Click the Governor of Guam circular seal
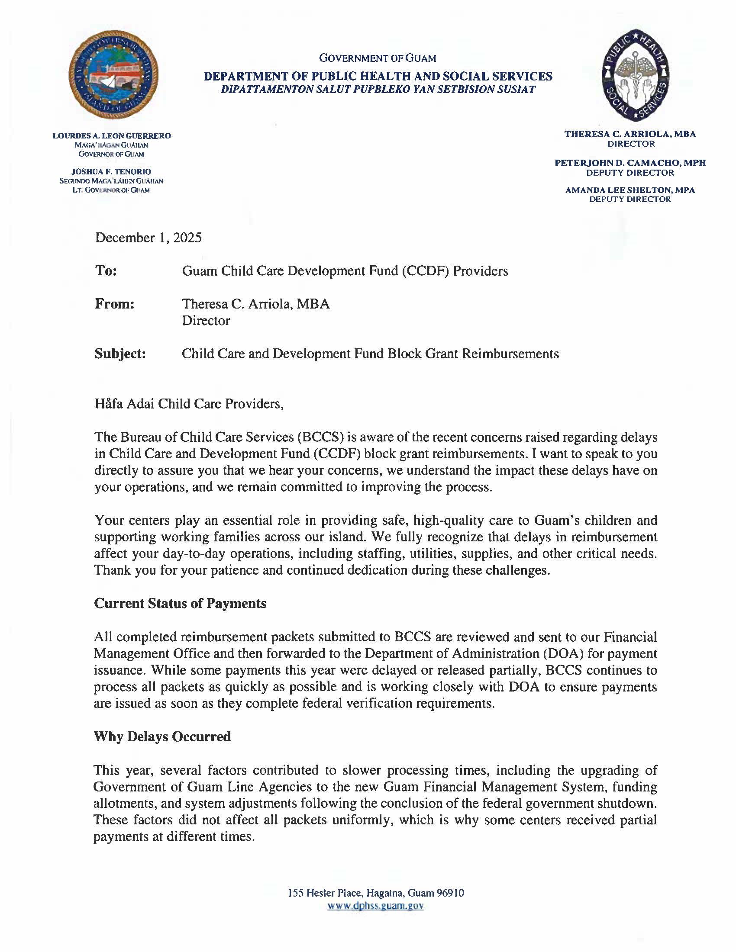pos(113,74)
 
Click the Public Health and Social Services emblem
pos(635,75)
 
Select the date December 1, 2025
pos(148,238)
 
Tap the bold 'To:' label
pos(106,271)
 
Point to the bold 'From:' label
pos(115,304)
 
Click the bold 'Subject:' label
pos(120,354)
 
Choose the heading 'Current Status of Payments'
pos(180,604)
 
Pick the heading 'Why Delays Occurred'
pos(162,737)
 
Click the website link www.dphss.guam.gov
pos(375,906)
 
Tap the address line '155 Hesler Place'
pos(376,893)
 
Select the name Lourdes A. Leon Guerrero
pos(112,136)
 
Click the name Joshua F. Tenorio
pos(111,172)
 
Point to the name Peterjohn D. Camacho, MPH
pos(630,163)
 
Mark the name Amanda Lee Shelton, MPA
pos(630,190)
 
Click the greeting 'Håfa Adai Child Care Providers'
pos(189,404)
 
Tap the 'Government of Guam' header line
pos(378,58)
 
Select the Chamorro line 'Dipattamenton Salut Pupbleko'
pos(378,90)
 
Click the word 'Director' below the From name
pos(206,321)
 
